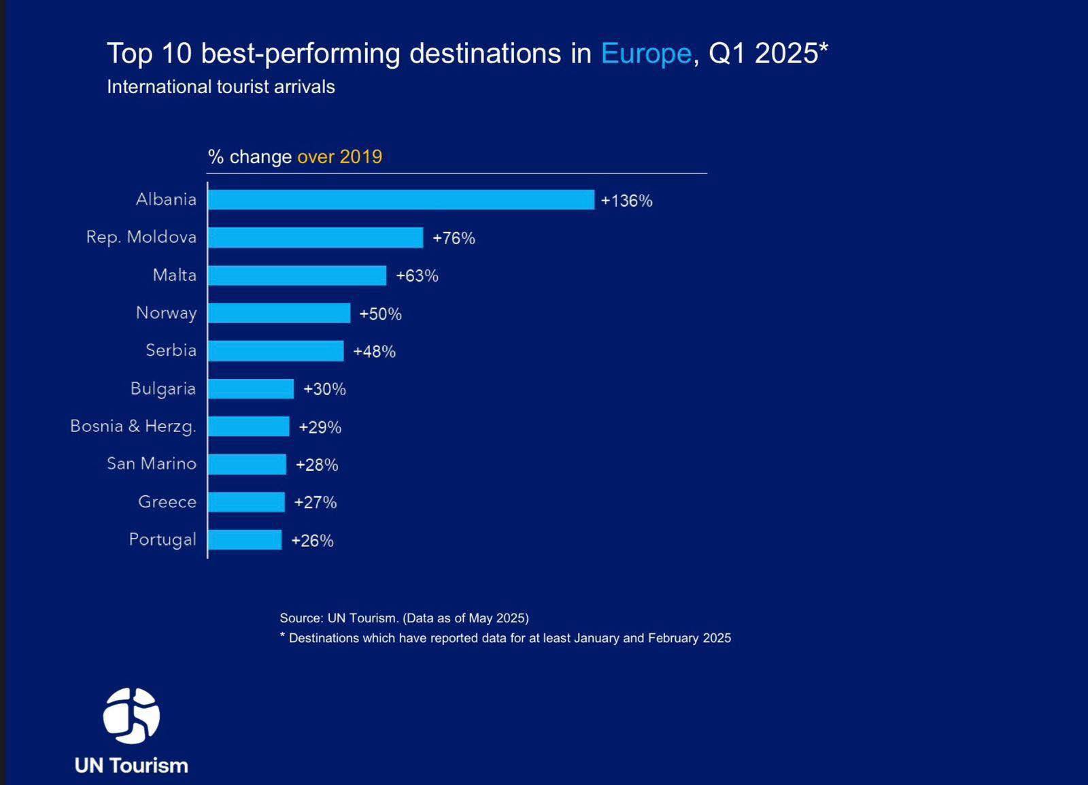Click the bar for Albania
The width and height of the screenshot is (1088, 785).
click(401, 199)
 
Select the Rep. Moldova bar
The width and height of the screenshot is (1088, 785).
click(316, 237)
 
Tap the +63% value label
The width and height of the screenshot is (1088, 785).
click(417, 275)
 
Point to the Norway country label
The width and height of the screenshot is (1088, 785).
click(166, 313)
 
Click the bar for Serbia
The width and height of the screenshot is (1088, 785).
click(276, 351)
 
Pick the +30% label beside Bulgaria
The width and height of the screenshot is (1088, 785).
click(324, 389)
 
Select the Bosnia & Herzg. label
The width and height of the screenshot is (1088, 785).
click(133, 427)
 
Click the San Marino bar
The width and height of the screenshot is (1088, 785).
click(248, 465)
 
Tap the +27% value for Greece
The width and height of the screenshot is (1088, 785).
click(316, 502)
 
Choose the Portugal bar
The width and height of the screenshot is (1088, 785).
click(245, 540)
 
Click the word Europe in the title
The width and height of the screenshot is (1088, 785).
click(645, 53)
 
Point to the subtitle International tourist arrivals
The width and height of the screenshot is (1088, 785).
click(220, 87)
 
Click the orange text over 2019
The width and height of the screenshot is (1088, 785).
click(339, 156)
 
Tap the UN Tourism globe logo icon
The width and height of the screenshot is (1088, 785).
click(131, 716)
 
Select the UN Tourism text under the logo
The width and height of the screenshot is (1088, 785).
click(131, 765)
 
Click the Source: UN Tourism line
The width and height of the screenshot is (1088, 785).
click(404, 618)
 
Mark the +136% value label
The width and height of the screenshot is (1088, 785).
click(626, 201)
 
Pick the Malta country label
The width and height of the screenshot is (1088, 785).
click(174, 275)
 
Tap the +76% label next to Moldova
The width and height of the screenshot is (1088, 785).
click(454, 238)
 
